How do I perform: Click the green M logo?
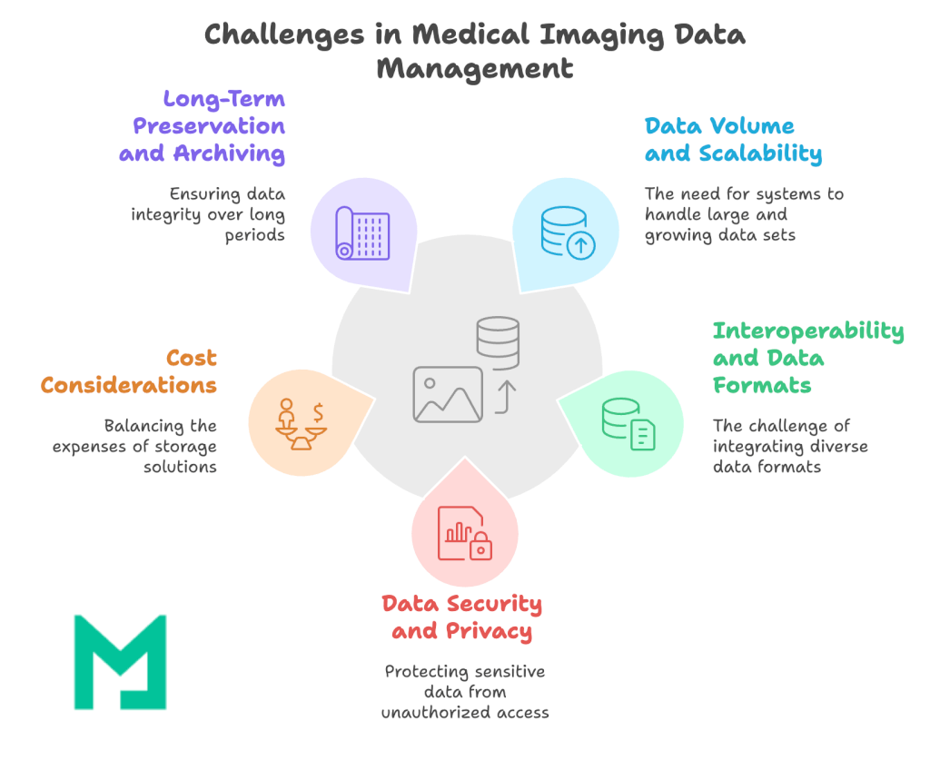pos(120,661)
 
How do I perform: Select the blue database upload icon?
pos(564,233)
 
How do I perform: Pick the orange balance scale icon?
pos(301,424)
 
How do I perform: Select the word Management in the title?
pos(475,69)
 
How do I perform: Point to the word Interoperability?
pos(808,331)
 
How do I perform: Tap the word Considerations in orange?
pos(129,385)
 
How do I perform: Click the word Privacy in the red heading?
pos(489,630)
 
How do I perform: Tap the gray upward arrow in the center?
pos(505,396)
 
